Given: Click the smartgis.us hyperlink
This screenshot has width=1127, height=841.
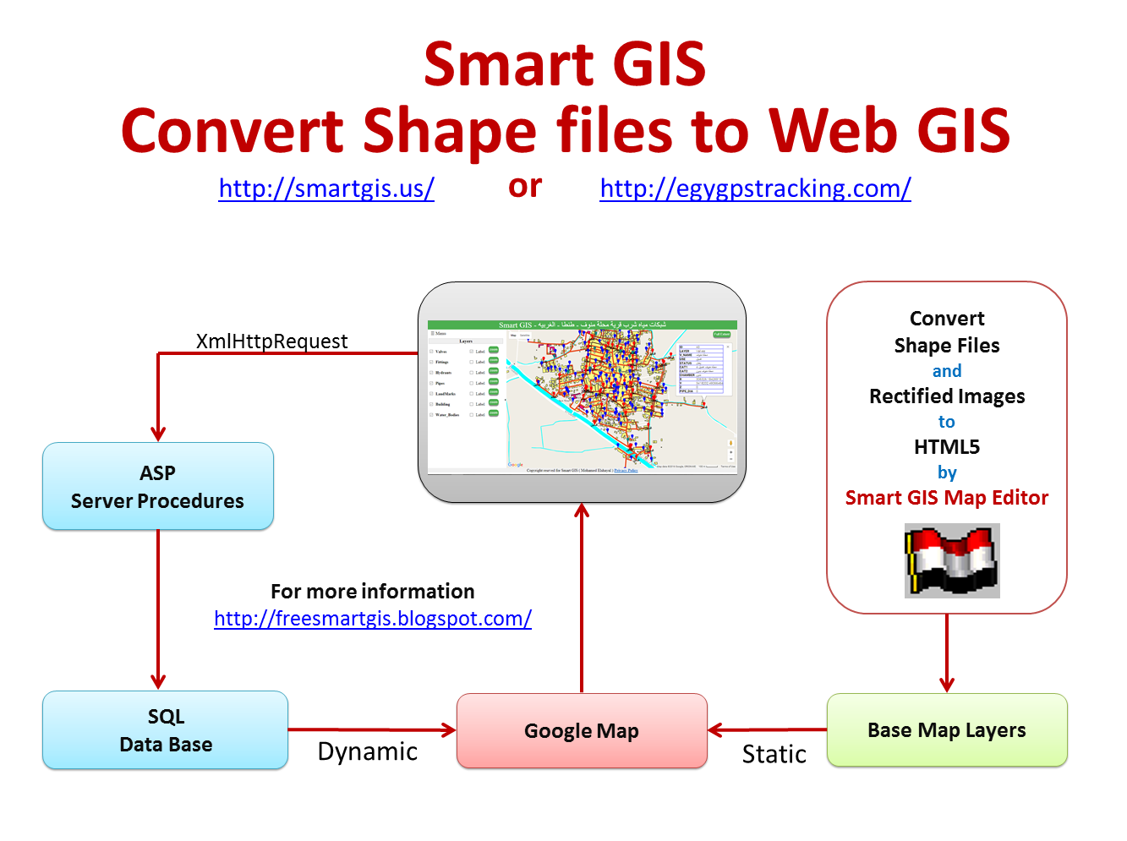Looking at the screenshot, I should (326, 188).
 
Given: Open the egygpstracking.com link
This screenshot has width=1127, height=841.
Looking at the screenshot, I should (755, 188).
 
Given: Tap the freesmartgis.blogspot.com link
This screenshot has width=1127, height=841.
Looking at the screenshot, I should (373, 619).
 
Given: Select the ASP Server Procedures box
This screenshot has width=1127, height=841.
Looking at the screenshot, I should (158, 487).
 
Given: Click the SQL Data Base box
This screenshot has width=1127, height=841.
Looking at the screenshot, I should (166, 730).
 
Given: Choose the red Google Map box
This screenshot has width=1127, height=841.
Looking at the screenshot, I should (582, 731).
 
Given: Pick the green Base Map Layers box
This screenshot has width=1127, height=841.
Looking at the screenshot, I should (947, 730).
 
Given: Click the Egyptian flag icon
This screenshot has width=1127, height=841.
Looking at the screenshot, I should (952, 560).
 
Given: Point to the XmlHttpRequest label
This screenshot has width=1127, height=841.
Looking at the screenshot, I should (271, 341).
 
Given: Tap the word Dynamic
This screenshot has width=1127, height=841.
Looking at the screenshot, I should (368, 751).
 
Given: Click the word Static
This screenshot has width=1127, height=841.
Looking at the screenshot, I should (774, 754).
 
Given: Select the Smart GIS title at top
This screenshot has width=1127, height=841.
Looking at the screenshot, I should (565, 64).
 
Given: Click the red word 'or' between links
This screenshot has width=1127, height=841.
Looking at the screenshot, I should (525, 187).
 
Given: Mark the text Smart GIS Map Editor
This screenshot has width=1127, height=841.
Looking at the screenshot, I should (947, 498).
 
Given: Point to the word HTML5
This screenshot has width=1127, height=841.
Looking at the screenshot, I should (947, 447).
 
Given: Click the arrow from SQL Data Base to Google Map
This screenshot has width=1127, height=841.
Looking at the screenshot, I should (372, 729).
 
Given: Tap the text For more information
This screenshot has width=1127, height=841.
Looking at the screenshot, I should (373, 592).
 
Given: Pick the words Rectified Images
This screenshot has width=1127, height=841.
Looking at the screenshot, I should (947, 396).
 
